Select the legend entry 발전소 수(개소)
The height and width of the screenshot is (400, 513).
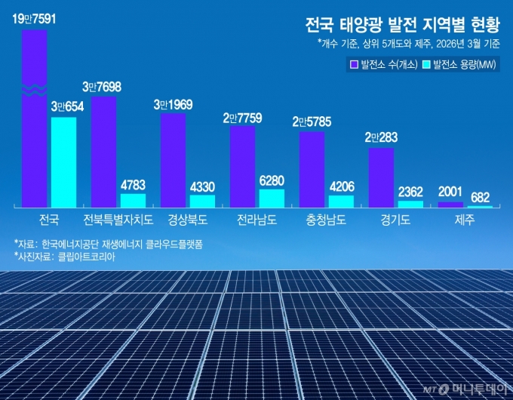tap(383, 64)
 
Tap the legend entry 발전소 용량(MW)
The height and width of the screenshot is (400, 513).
tap(461, 64)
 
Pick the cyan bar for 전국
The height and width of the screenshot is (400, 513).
tap(63, 162)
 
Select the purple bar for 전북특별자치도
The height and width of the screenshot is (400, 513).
tap(103, 151)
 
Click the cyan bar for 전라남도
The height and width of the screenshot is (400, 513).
tap(272, 198)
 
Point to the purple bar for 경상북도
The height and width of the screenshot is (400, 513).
tap(173, 159)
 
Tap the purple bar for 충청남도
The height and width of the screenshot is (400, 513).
tap(312, 169)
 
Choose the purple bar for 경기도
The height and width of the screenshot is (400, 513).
tap(381, 177)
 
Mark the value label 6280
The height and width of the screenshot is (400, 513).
tap(272, 180)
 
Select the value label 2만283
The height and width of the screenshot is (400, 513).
tap(381, 137)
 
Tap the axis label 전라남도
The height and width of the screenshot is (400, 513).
tap(256, 220)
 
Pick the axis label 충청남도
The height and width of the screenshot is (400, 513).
tap(325, 220)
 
